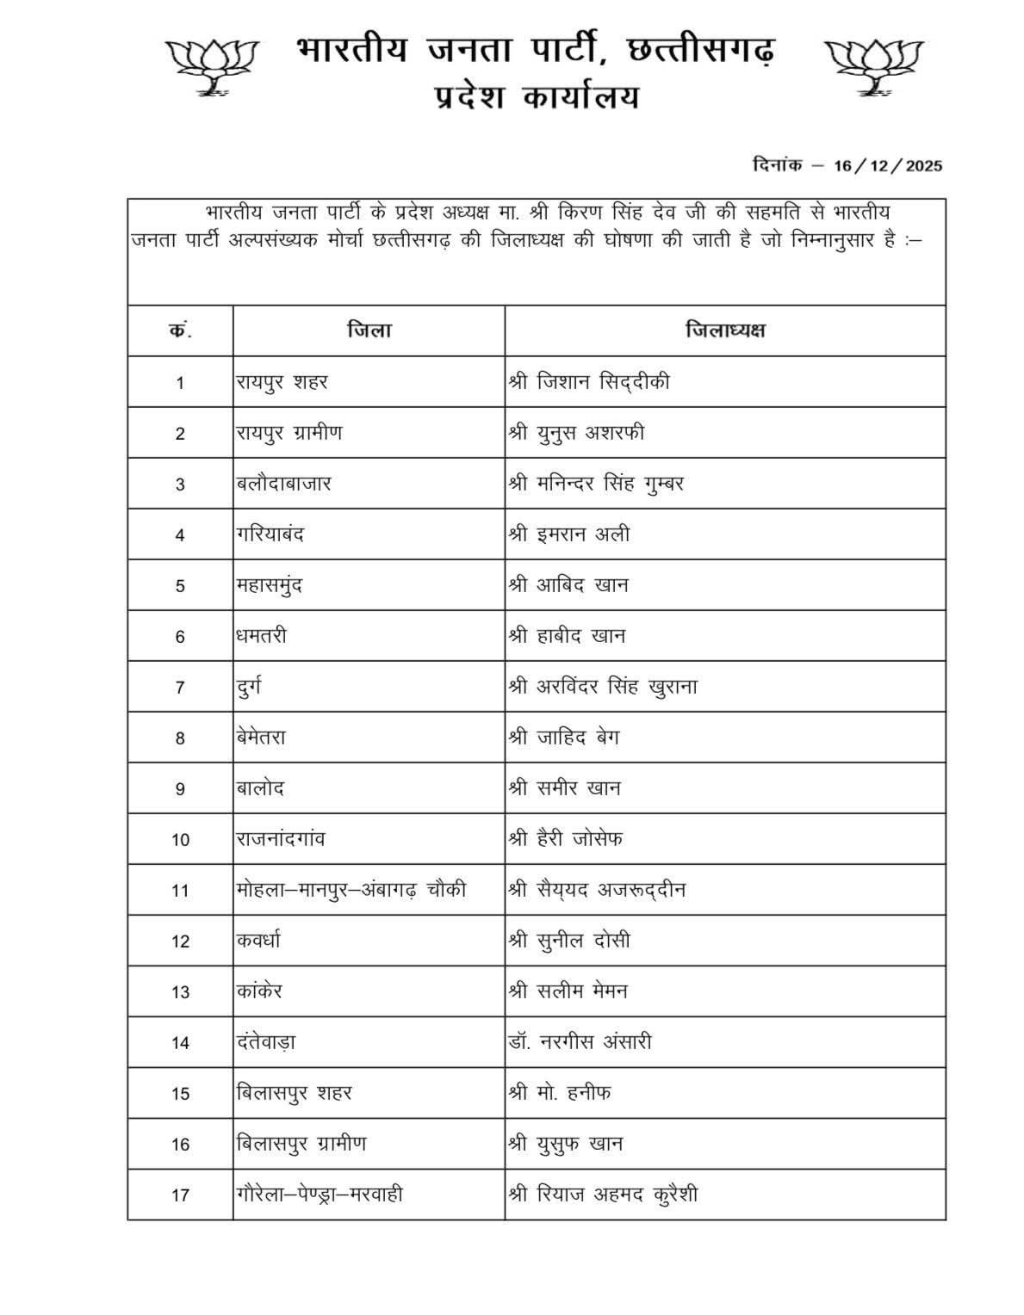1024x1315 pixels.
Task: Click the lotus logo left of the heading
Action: click(x=212, y=65)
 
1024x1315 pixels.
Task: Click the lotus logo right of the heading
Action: click(x=873, y=65)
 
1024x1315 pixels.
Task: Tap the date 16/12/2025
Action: click(x=887, y=166)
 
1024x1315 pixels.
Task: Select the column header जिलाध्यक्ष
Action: click(x=725, y=330)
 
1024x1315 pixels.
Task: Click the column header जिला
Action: click(x=369, y=330)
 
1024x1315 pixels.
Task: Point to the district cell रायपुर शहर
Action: click(x=282, y=382)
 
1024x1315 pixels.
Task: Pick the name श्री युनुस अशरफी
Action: click(x=576, y=433)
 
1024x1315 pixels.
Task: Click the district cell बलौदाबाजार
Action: click(x=283, y=484)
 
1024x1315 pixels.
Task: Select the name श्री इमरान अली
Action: click(x=569, y=534)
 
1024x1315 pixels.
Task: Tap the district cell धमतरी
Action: click(x=262, y=636)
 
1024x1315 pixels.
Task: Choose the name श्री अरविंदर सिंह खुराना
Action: click(x=603, y=687)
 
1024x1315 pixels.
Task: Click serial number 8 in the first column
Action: click(x=180, y=738)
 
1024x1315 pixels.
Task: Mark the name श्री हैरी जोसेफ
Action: click(x=566, y=839)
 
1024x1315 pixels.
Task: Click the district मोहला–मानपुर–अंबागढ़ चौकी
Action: click(x=351, y=890)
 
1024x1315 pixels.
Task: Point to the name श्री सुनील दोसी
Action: click(x=569, y=941)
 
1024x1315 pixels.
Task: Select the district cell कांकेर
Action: click(x=259, y=991)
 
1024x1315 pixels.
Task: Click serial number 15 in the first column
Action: click(x=180, y=1094)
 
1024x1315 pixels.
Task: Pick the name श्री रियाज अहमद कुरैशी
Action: click(x=603, y=1195)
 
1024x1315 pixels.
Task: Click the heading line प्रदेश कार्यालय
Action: click(x=536, y=97)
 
